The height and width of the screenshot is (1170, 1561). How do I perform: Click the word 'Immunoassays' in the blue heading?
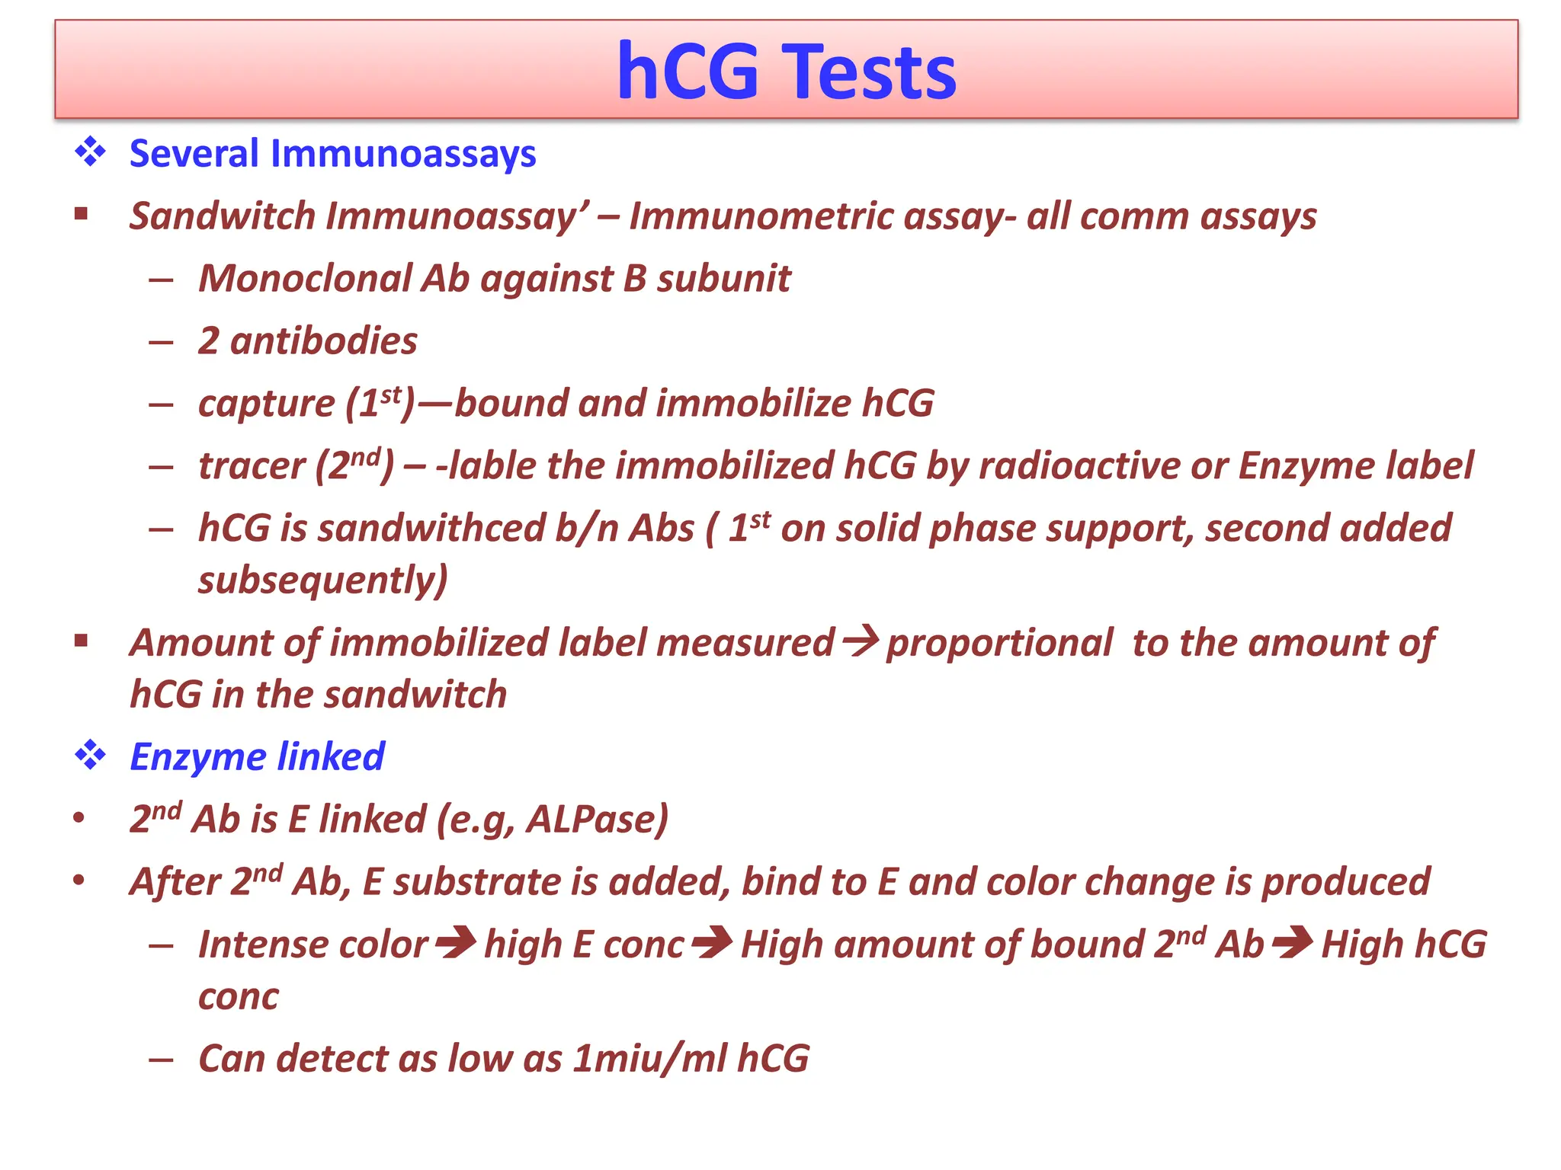tap(403, 153)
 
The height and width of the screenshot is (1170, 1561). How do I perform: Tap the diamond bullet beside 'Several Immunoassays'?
tap(90, 152)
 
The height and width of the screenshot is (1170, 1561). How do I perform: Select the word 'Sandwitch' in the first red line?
tap(222, 216)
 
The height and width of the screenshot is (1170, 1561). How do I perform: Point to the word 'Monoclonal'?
tap(305, 279)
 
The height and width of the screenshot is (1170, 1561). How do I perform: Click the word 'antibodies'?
tap(323, 341)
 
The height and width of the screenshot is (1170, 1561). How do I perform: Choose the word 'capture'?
tap(266, 404)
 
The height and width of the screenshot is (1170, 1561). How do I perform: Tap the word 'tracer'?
tap(252, 466)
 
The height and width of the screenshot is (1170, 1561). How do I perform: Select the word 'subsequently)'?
tap(323, 581)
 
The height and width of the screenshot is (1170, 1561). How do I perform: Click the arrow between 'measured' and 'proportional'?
tap(861, 641)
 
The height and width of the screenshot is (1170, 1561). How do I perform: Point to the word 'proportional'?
tap(999, 643)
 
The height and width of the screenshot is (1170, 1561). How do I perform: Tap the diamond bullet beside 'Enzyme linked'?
tap(90, 755)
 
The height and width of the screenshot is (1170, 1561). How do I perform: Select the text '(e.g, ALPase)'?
tap(553, 820)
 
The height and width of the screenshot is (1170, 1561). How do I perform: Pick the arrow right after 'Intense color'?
tap(456, 943)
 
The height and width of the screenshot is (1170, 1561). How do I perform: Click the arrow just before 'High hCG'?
tap(1293, 943)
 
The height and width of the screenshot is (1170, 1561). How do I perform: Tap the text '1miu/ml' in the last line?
tap(650, 1059)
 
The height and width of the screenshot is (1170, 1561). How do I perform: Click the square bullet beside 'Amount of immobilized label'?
tap(82, 641)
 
